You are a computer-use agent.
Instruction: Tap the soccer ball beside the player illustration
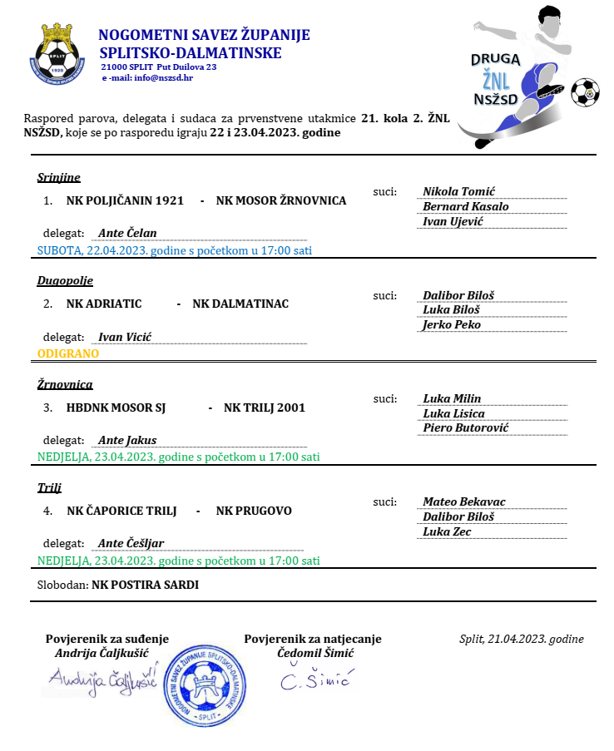[x=585, y=92]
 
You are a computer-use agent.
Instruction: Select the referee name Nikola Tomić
[x=458, y=191]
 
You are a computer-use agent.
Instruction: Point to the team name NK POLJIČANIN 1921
[x=125, y=200]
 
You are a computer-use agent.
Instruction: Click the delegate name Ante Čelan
[x=127, y=233]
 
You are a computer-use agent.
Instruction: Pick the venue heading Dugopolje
[x=65, y=280]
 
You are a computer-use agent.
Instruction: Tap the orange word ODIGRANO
[x=68, y=353]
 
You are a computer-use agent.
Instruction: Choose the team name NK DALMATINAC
[x=240, y=304]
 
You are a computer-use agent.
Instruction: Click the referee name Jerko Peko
[x=452, y=324]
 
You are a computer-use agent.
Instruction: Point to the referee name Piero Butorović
[x=465, y=427]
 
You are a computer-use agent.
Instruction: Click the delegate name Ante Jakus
[x=127, y=440]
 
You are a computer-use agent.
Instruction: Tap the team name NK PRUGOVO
[x=254, y=511]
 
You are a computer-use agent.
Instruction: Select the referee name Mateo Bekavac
[x=464, y=501]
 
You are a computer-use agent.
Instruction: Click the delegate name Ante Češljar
[x=131, y=543]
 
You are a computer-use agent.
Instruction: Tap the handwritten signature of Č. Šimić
[x=315, y=680]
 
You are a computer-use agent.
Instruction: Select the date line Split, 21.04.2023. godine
[x=521, y=639]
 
